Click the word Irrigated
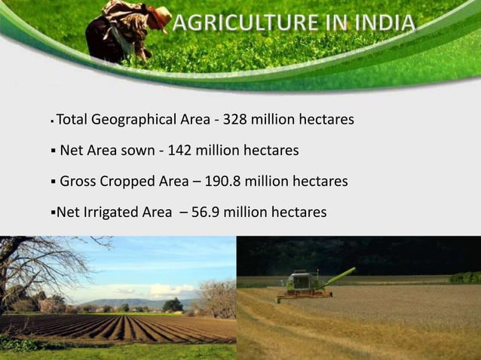(x=112, y=212)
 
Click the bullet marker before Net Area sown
(x=52, y=151)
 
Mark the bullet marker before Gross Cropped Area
(x=52, y=182)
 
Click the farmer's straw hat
(x=159, y=14)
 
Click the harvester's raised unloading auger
(x=339, y=276)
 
